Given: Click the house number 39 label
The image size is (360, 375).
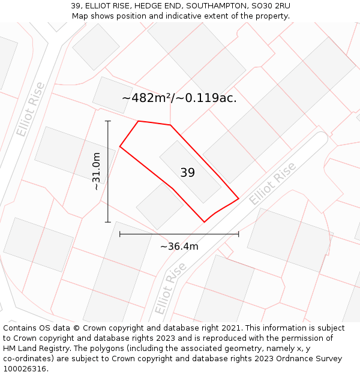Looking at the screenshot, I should (187, 173).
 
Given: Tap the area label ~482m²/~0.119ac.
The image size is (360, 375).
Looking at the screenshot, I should (179, 98).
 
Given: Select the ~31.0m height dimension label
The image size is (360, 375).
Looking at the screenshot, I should (96, 171).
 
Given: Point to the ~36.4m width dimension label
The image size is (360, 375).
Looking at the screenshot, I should (179, 246).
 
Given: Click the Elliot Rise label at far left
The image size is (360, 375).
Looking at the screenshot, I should (30, 109).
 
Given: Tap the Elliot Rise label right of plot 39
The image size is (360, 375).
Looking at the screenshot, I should (273, 184).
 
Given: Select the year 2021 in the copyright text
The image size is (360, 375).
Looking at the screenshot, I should (232, 328).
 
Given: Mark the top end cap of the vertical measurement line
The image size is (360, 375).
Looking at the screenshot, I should (108, 121).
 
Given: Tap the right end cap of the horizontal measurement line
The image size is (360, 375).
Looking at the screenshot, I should (239, 233).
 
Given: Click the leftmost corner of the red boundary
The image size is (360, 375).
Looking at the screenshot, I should (120, 146).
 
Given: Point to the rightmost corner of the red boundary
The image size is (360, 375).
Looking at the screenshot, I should (239, 198).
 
